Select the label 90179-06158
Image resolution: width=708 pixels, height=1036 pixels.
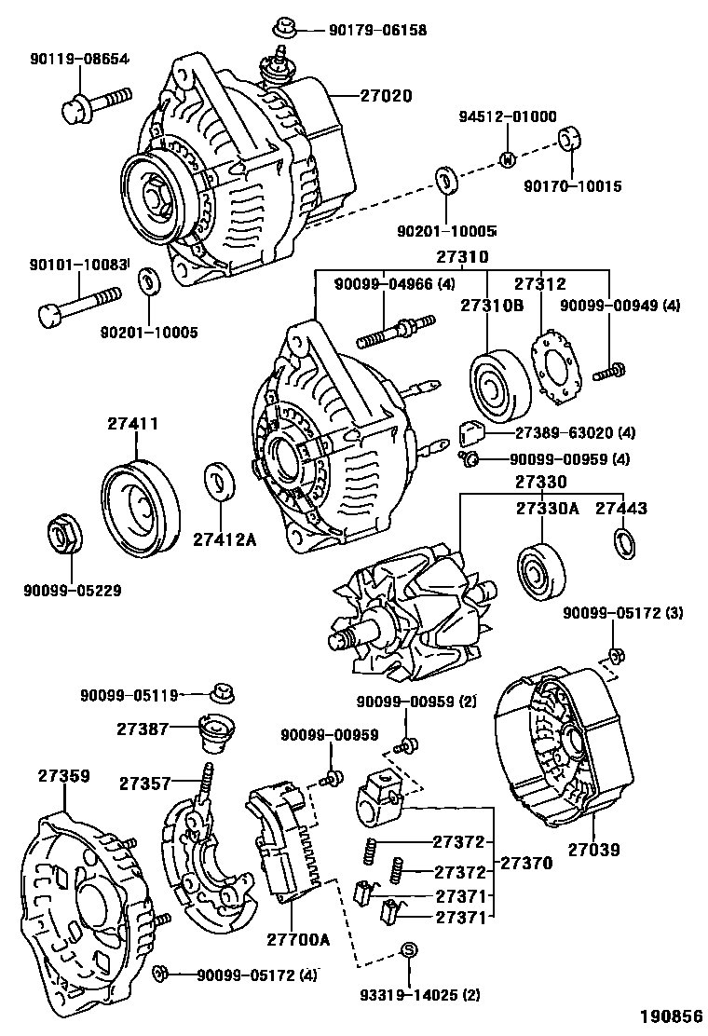coord(377,30)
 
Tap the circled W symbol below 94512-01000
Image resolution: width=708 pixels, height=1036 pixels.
coord(508,159)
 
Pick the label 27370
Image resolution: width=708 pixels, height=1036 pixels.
coord(526,863)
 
